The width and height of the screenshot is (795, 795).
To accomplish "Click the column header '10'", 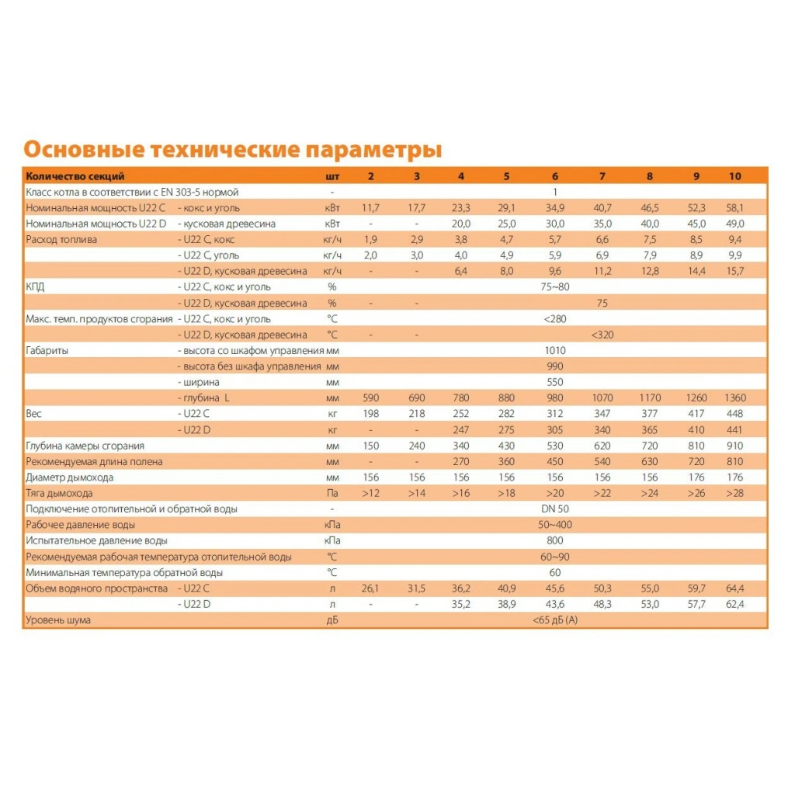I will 734,176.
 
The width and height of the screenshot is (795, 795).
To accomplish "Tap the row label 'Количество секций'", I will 75,176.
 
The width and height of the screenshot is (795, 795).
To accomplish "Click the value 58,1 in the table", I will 734,208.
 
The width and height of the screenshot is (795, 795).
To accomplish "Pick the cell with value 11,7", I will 370,208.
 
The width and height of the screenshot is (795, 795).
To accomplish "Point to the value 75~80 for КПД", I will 555,286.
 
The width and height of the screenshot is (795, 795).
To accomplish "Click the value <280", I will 555,318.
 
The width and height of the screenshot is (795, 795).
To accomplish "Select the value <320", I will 602,335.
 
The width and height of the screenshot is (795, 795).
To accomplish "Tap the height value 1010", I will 555,350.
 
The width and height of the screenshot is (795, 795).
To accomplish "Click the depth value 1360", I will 734,397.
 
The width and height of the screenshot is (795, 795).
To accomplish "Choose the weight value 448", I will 734,414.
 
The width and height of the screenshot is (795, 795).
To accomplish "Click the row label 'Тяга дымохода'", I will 59,493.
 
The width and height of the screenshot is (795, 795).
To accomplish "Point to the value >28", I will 734,493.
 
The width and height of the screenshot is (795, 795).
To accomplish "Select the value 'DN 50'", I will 555,509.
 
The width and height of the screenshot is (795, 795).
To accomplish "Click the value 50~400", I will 555,525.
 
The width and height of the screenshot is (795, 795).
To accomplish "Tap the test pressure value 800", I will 555,540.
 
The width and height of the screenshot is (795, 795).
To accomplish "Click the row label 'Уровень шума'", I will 57,620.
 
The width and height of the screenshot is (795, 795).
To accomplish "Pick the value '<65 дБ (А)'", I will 555,620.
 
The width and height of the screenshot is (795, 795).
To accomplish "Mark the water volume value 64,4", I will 734,588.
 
